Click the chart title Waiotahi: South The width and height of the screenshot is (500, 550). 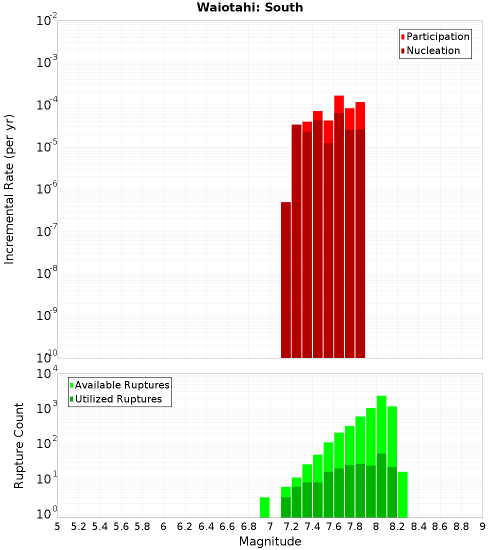click(x=249, y=7)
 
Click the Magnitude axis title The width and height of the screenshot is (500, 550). click(x=270, y=541)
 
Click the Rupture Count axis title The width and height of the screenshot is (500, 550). click(x=19, y=445)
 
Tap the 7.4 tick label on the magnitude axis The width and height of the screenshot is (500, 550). click(x=312, y=526)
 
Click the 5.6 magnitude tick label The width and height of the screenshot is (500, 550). click(x=121, y=526)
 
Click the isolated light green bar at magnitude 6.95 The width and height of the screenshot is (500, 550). click(x=264, y=507)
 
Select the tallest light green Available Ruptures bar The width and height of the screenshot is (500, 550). click(x=381, y=425)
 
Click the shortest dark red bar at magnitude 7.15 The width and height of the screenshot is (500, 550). click(x=286, y=280)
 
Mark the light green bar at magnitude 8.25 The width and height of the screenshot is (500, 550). click(x=402, y=494)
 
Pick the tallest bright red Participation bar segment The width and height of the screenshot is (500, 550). click(x=339, y=104)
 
